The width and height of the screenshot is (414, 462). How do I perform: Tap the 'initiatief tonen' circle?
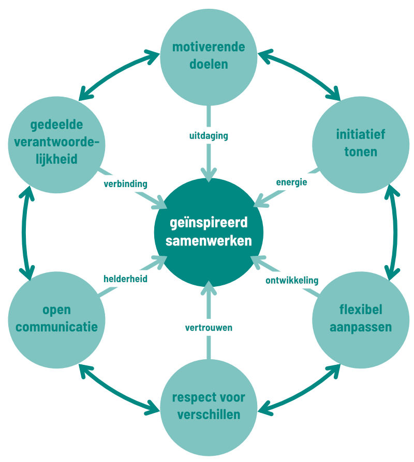coord(361,143)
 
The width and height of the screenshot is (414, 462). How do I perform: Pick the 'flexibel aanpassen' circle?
coord(361,319)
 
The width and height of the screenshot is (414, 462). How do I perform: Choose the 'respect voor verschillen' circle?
coord(209,407)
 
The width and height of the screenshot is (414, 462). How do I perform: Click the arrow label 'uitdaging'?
coord(209,136)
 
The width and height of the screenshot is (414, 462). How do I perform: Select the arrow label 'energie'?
coord(291,182)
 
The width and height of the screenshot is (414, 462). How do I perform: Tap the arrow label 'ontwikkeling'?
coord(291,281)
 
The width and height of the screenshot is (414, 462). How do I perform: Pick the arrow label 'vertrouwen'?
coord(209,327)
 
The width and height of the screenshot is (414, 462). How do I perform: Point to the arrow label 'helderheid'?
coord(126,279)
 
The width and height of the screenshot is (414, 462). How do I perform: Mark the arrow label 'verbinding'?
coord(126,183)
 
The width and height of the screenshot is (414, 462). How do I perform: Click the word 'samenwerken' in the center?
coord(209,241)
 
